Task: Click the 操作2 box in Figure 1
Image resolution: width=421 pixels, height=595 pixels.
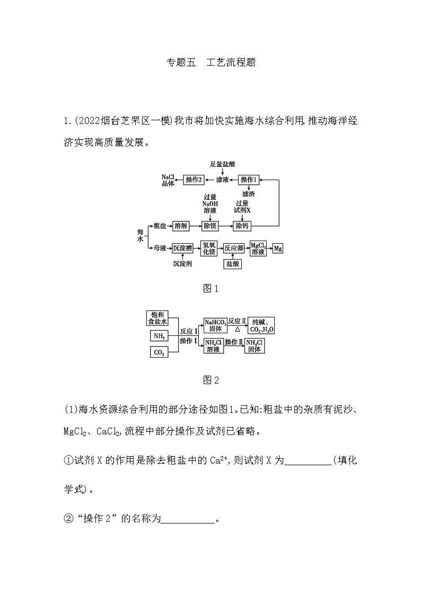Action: coord(194,180)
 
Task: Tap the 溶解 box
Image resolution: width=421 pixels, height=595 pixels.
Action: coord(181,226)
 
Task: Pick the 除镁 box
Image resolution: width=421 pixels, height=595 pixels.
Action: coord(210,226)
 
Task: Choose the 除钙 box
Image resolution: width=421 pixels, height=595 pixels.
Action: coord(242,226)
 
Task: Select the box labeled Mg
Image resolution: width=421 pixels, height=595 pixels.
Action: coord(278,248)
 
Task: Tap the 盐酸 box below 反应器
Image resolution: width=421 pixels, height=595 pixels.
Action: coord(233,263)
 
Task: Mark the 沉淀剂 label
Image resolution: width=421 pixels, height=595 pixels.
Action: coord(182,263)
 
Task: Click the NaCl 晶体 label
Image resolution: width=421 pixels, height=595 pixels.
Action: coord(168,180)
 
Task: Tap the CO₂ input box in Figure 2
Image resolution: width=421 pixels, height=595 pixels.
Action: coord(159,352)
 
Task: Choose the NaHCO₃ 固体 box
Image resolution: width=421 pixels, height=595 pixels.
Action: coord(215,326)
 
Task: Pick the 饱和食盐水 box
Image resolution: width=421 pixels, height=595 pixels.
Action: coord(157,318)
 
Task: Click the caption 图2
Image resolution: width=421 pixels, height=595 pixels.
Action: coord(210,380)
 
